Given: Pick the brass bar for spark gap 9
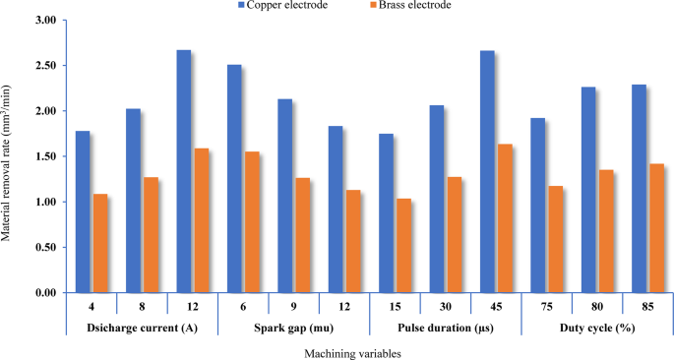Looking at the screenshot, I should click(x=302, y=235).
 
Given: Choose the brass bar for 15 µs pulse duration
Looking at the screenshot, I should click(x=403, y=245).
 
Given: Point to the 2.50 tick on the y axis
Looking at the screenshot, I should click(x=44, y=66).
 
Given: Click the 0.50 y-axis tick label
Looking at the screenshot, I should click(x=44, y=248).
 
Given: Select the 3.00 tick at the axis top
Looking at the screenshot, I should click(x=44, y=21).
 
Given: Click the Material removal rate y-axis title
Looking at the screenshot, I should click(x=9, y=157).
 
